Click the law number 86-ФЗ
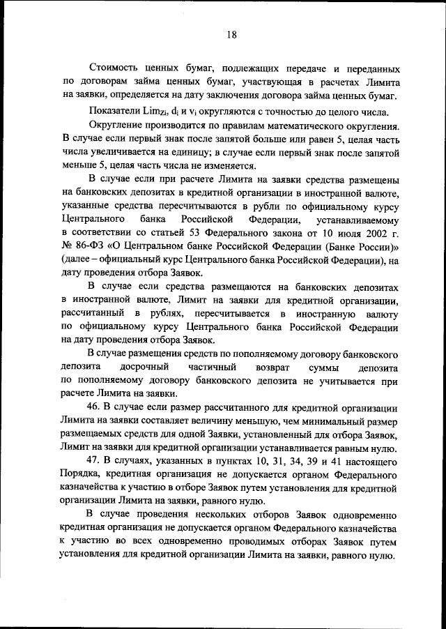coord(88,245)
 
